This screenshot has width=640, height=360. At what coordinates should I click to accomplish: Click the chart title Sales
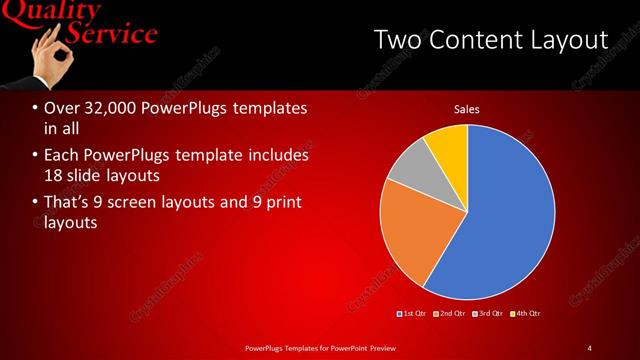tap(467, 108)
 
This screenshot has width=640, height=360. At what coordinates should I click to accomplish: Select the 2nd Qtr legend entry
tap(452, 314)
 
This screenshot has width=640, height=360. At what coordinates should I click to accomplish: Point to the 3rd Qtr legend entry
tap(489, 314)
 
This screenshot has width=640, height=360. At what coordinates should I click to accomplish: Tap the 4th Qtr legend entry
tap(526, 314)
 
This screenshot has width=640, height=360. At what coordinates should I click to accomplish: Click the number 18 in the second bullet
tap(54, 175)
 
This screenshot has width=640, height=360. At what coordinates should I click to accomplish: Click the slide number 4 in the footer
tap(589, 348)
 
